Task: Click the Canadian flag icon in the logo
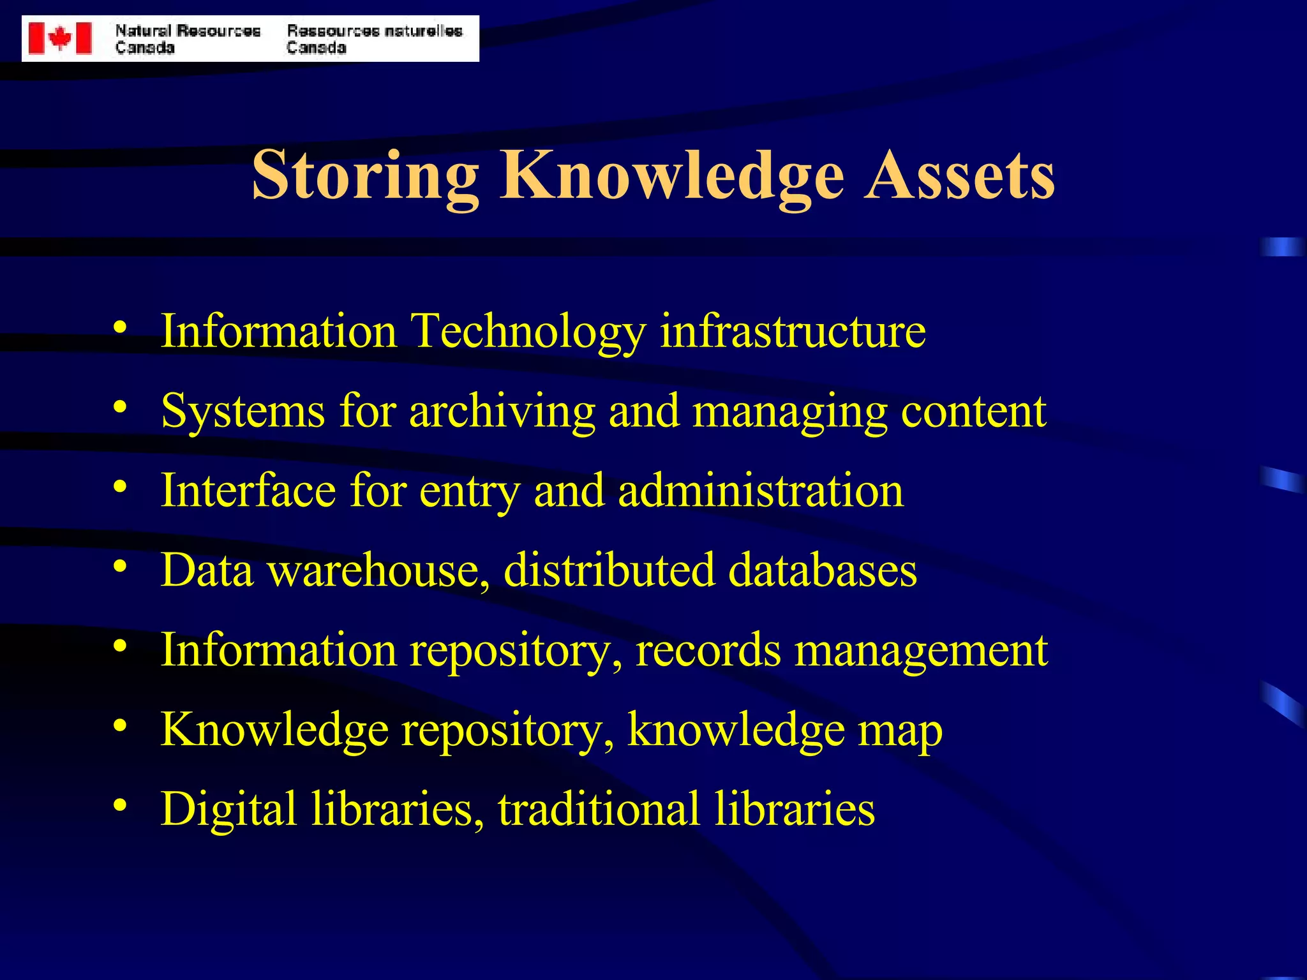pyautogui.click(x=60, y=38)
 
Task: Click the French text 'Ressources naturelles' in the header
pyautogui.click(x=374, y=31)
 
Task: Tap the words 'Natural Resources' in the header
pyautogui.click(x=188, y=31)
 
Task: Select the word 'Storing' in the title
pyautogui.click(x=365, y=175)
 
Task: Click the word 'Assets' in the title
pyautogui.click(x=959, y=175)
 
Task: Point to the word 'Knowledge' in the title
pyautogui.click(x=672, y=175)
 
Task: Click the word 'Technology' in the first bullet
pyautogui.click(x=528, y=332)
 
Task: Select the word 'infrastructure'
pyautogui.click(x=793, y=332)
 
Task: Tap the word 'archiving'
pyautogui.click(x=502, y=411)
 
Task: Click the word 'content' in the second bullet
pyautogui.click(x=973, y=411)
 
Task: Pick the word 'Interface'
pyautogui.click(x=248, y=491)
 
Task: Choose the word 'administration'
pyautogui.click(x=761, y=491)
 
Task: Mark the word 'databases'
pyautogui.click(x=823, y=570)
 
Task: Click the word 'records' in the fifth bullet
pyautogui.click(x=708, y=650)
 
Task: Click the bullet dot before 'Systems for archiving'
pyautogui.click(x=120, y=406)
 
